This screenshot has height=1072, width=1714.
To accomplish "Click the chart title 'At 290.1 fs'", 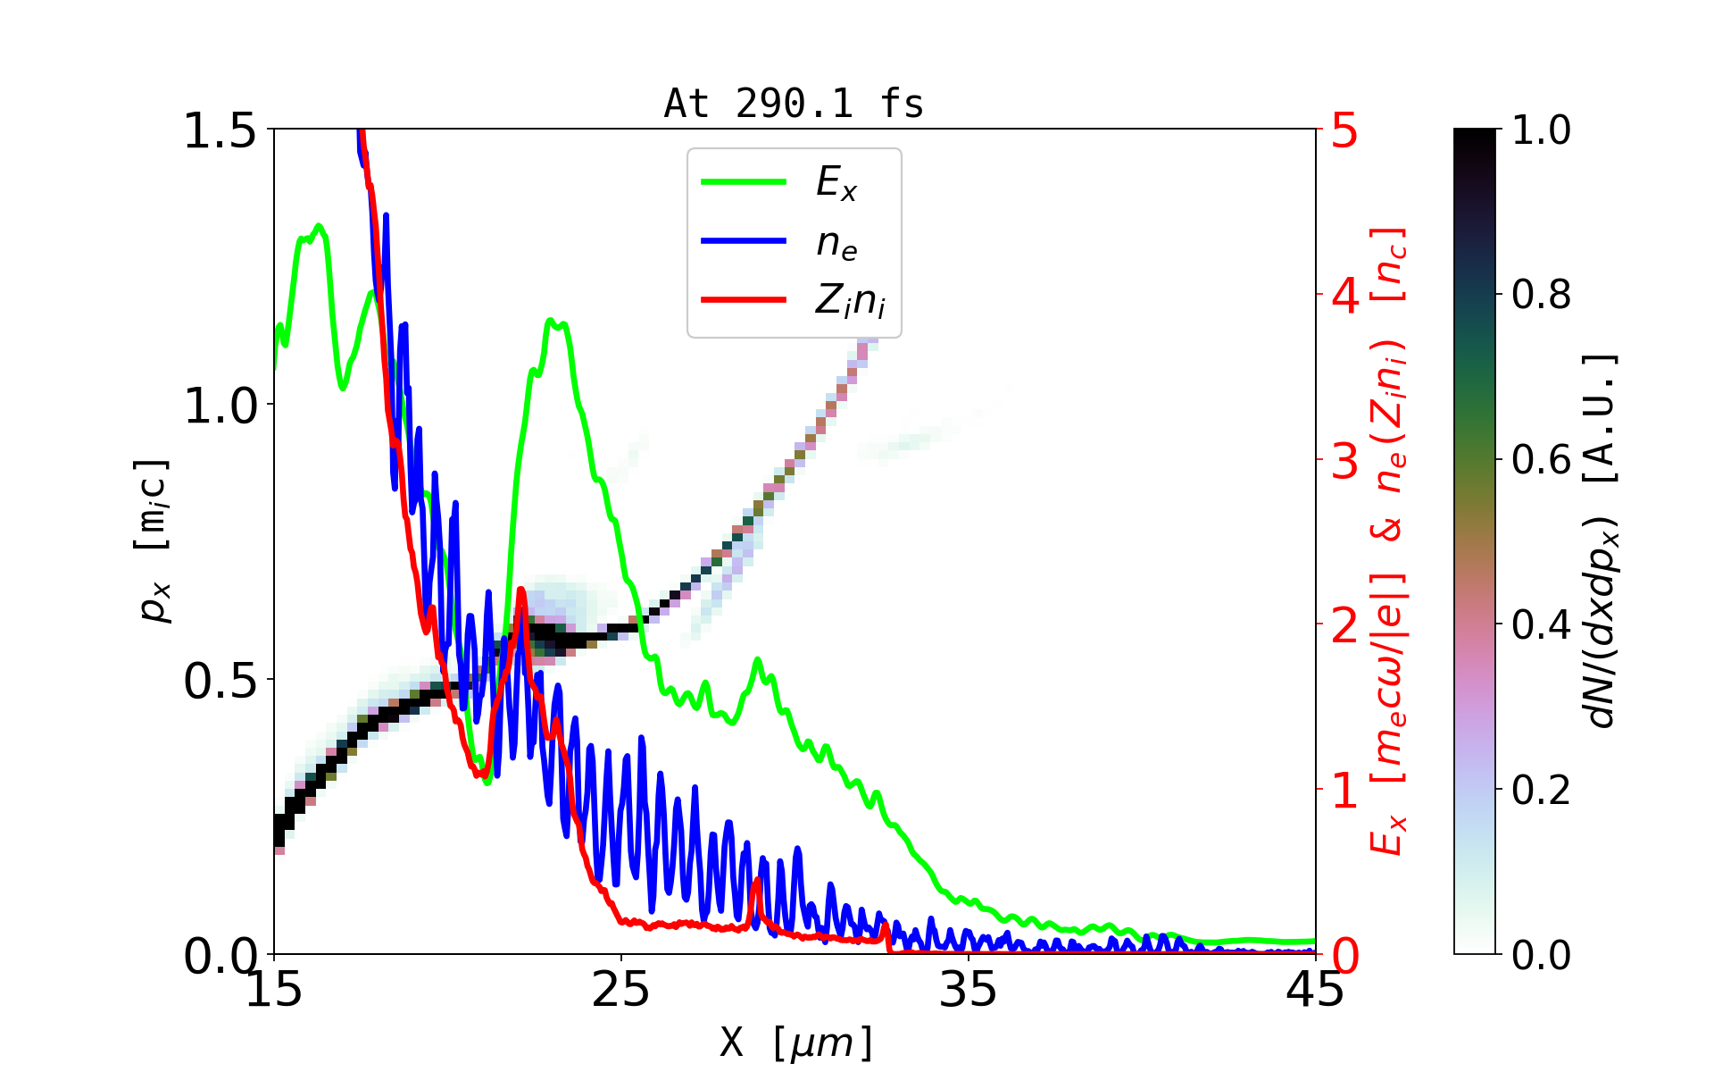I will (794, 104).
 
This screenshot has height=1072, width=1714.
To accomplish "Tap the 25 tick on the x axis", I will (621, 990).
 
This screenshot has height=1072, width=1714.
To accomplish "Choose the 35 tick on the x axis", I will (969, 990).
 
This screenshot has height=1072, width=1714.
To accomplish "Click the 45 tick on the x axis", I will (1315, 990).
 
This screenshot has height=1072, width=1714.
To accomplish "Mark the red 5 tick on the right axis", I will (1344, 130).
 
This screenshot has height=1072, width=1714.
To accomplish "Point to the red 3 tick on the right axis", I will (1344, 461).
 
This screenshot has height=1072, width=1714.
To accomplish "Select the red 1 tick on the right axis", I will (1344, 791).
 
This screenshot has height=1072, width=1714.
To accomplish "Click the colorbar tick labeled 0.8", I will (1541, 295).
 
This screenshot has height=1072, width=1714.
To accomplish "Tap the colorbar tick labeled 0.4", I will (1541, 625).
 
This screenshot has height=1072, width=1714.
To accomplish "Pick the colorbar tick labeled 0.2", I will (1541, 790).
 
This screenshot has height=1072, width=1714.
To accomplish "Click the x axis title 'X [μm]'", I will (796, 1042).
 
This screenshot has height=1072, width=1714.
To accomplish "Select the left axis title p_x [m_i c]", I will (154, 540).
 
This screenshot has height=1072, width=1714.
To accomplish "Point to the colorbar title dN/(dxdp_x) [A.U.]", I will (1602, 540).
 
